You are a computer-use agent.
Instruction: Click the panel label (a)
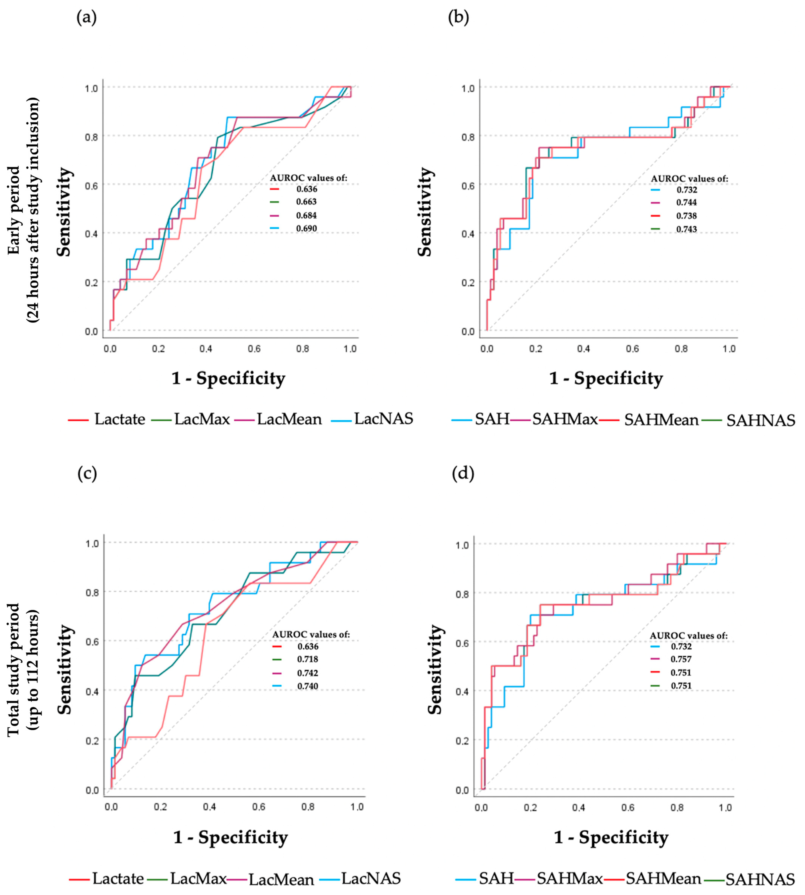click(87, 18)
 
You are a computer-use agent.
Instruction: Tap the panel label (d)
click(463, 474)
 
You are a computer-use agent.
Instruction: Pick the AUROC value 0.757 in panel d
click(681, 659)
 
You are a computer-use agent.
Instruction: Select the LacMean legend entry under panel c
click(281, 879)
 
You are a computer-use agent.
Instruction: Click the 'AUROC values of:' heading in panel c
click(311, 634)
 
